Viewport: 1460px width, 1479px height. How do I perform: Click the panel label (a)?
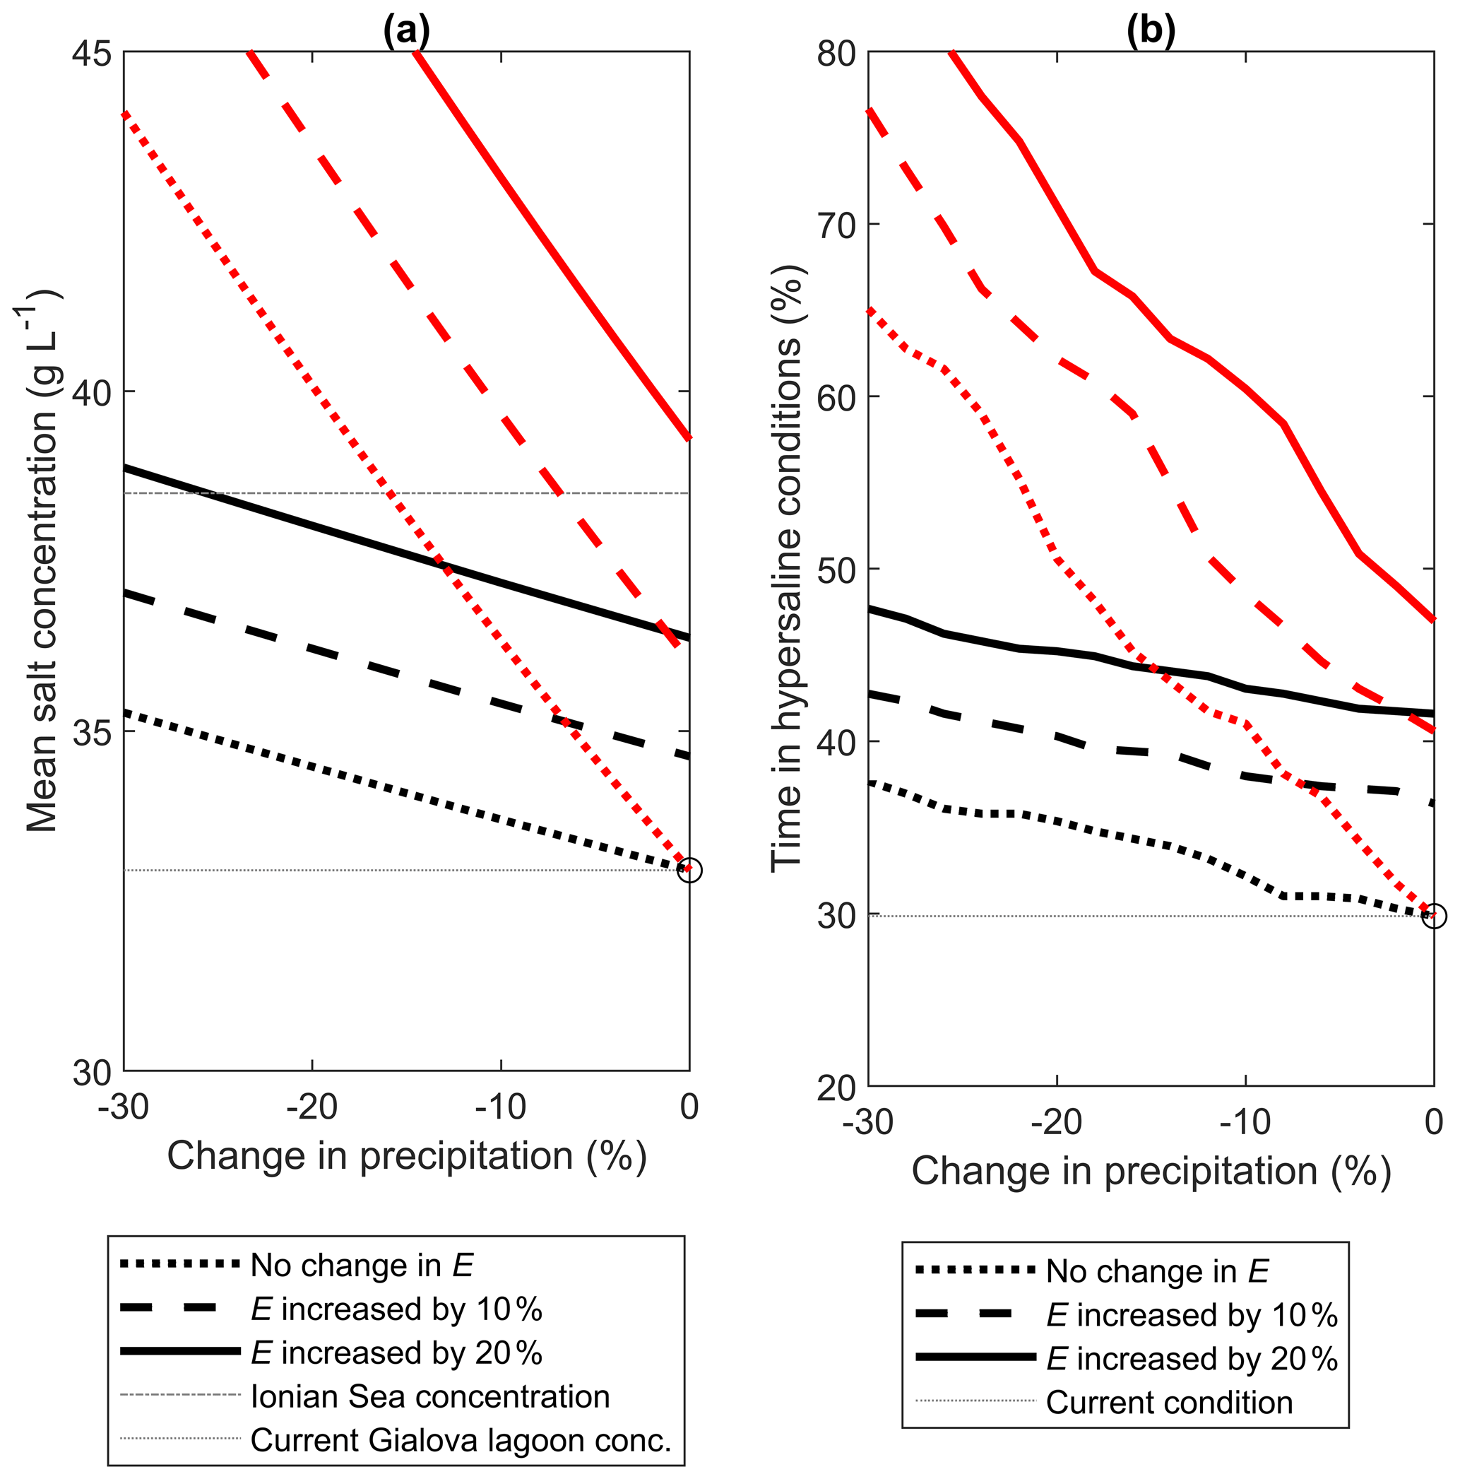coord(406,30)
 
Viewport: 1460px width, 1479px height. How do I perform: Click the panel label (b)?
coord(1150,30)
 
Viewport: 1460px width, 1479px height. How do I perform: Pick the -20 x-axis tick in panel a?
coord(312,1106)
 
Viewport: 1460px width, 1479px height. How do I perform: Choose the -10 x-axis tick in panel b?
coord(1245,1122)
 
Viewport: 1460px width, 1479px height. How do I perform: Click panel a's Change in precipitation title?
coord(406,1156)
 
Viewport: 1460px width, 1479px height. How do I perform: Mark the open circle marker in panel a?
coord(689,871)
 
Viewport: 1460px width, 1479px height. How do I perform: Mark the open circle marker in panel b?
coord(1434,916)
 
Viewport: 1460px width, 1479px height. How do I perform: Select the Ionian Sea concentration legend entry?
coord(429,1397)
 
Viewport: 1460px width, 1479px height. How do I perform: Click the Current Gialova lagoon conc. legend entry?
coord(460,1441)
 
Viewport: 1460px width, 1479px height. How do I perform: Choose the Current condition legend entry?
coord(1168,1403)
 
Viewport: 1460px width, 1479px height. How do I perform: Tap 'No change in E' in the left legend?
coord(361,1266)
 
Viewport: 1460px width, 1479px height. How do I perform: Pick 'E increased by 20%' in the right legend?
coord(1192,1360)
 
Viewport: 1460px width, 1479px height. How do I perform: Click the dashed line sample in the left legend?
coord(180,1310)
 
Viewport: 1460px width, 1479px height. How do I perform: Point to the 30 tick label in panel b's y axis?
coord(836,917)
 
